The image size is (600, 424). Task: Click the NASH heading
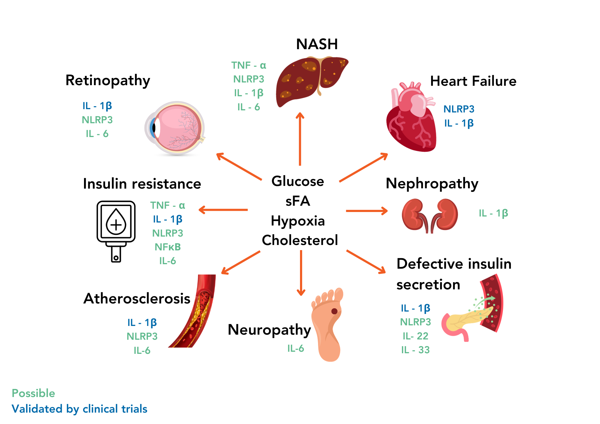[317, 44]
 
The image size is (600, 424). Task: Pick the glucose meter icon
[116, 231]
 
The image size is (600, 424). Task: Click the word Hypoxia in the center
[298, 221]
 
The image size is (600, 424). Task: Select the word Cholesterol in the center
[300, 240]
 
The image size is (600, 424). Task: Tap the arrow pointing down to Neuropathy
[301, 273]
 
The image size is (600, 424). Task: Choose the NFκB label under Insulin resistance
[168, 247]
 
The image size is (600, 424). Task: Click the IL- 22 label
[415, 336]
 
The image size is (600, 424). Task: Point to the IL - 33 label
[415, 350]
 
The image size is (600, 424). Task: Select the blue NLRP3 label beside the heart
[459, 109]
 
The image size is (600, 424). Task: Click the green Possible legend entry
[33, 393]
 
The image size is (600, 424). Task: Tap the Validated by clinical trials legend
[79, 409]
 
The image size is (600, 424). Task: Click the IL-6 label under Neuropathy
[295, 348]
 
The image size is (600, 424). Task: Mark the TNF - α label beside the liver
[248, 65]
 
